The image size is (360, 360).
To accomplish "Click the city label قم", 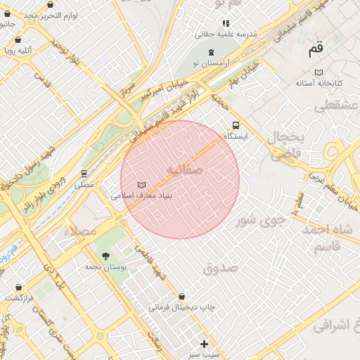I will [x=316, y=50].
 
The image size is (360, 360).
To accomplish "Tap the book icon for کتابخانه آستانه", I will [x=319, y=72].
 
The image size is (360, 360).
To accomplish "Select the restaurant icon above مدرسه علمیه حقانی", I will [x=225, y=22].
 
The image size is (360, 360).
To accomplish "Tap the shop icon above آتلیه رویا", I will [x=18, y=39].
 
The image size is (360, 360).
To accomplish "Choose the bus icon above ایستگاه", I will [x=236, y=124].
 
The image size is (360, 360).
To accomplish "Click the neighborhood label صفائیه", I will [x=185, y=169].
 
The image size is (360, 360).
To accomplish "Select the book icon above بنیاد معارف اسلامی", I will [x=141, y=185].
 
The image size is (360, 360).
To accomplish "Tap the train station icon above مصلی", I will [x=84, y=173].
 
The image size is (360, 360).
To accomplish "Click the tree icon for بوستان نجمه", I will [x=105, y=256].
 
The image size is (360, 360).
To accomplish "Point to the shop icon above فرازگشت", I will [x=18, y=286].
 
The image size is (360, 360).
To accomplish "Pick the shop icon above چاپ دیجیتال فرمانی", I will [x=182, y=297].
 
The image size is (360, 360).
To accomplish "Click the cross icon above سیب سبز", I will [x=204, y=344].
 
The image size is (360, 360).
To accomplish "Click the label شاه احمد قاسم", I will [x=330, y=236].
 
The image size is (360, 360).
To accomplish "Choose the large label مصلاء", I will [x=78, y=231].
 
